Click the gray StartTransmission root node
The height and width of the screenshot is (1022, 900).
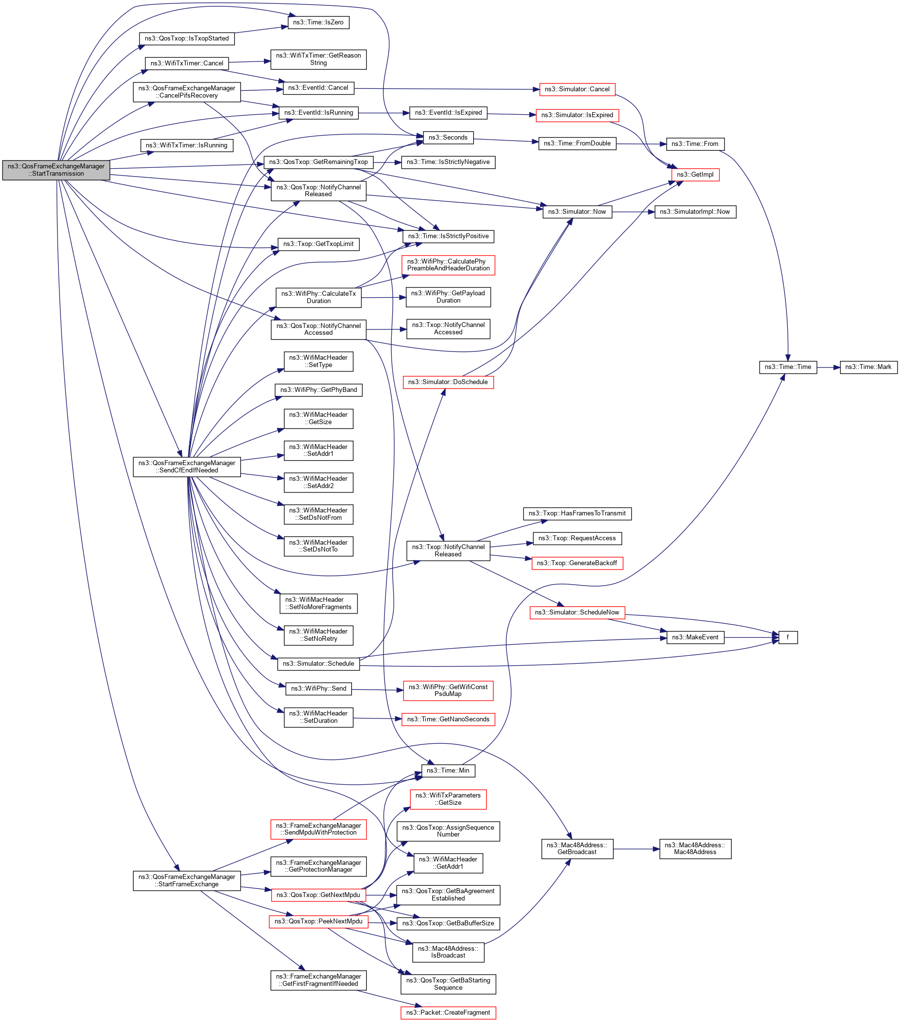pos(56,170)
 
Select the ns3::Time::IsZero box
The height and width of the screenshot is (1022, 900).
pos(319,22)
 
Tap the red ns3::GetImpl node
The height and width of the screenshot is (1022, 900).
pos(695,175)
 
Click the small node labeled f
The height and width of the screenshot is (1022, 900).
pos(788,637)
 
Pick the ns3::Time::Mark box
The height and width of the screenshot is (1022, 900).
pos(868,367)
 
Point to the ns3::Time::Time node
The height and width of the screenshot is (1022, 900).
pos(788,367)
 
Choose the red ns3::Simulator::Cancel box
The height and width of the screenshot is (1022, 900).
pos(577,89)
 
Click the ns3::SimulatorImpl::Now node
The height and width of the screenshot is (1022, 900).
pos(695,212)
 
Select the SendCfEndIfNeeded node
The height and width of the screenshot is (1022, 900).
pos(186,467)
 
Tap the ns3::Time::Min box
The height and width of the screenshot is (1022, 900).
pos(448,771)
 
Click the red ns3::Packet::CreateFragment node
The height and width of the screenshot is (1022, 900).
pos(448,1013)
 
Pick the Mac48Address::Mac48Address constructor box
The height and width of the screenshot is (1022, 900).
pos(695,849)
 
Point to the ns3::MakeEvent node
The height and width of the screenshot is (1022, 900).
pos(695,637)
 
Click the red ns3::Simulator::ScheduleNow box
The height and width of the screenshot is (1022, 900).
pos(577,613)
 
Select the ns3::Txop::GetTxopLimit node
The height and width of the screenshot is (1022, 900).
pos(319,244)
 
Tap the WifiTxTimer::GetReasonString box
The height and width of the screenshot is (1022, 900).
pos(319,59)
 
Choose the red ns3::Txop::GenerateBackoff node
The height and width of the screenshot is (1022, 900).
pos(577,563)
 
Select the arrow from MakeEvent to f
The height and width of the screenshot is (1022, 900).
pos(751,637)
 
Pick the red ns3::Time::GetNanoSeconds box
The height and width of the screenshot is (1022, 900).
pos(448,719)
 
